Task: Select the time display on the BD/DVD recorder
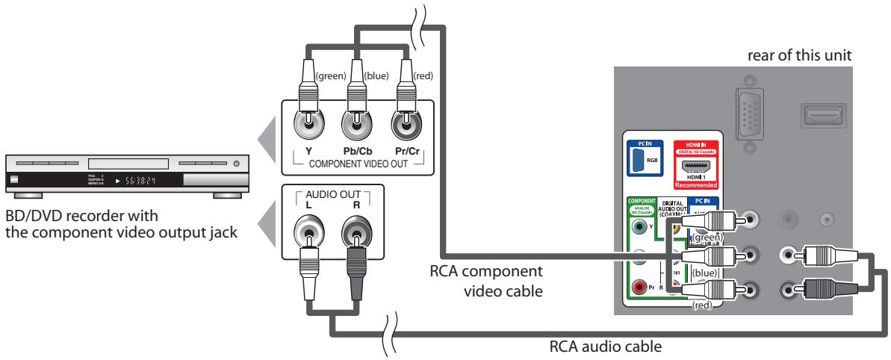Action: tap(143, 181)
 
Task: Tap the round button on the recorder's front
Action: tap(237, 162)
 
